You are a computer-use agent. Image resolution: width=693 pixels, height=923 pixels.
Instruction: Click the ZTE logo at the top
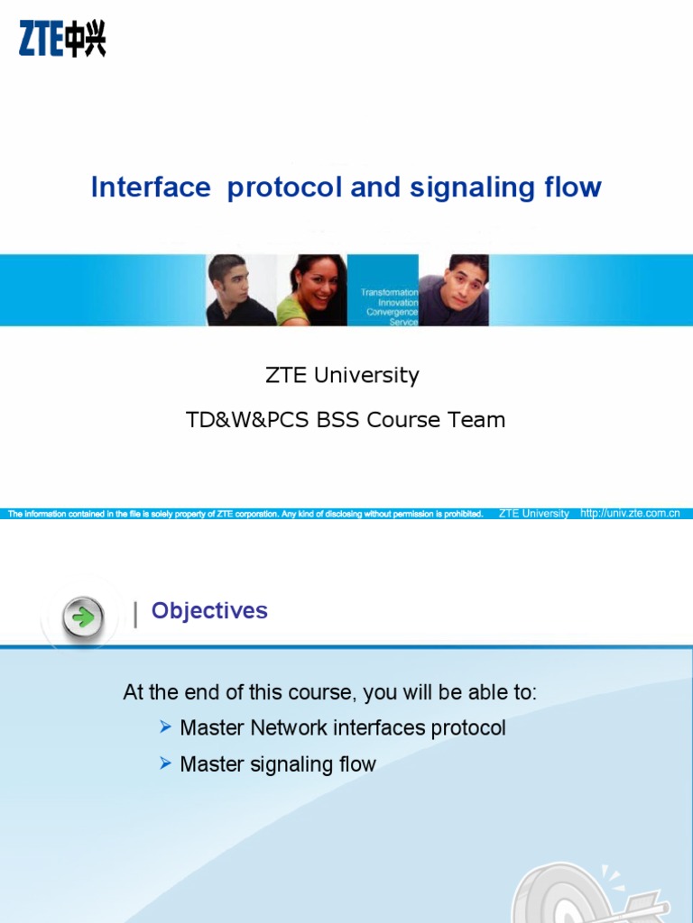[x=62, y=40]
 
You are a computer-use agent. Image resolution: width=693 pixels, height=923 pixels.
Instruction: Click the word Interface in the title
[x=151, y=187]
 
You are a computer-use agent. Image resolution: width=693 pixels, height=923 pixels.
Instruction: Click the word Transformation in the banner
[x=389, y=293]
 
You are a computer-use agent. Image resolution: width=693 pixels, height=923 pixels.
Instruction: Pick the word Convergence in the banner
[x=392, y=313]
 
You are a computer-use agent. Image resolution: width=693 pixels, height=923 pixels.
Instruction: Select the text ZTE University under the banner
[x=342, y=375]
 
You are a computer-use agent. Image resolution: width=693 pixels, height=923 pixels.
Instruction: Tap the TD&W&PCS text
[x=246, y=420]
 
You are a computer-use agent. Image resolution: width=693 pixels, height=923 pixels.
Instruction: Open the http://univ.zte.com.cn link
[x=630, y=514]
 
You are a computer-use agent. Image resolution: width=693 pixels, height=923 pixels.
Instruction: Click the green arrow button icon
[x=83, y=617]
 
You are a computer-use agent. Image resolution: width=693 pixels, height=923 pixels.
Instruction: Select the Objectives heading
[x=209, y=611]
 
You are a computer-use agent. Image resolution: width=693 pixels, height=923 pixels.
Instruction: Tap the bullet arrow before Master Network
[x=165, y=727]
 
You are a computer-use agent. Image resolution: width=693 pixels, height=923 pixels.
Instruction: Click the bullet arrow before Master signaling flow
[x=165, y=763]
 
